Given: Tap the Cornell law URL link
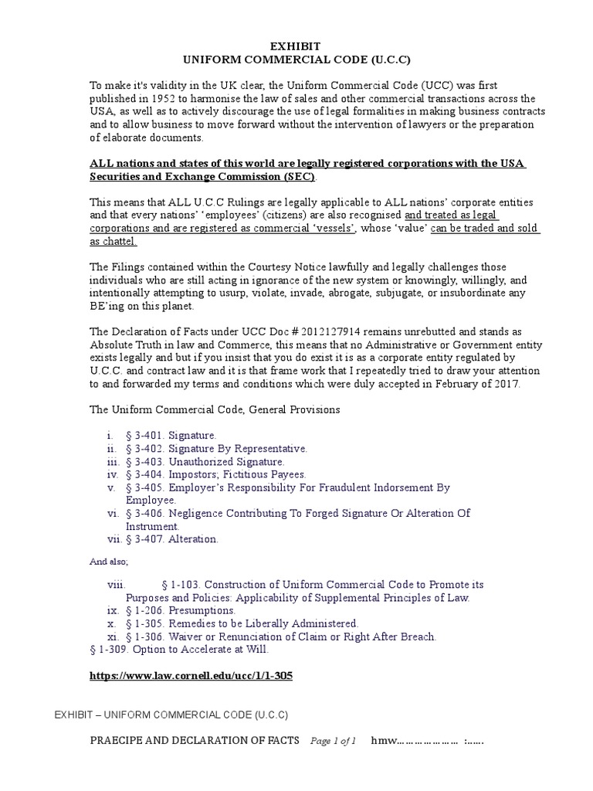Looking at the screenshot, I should (x=191, y=675).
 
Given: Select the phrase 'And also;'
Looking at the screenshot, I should (x=110, y=562).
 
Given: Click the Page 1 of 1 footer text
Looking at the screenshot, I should (x=333, y=742).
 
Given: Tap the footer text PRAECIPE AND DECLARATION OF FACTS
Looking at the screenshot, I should (x=195, y=741).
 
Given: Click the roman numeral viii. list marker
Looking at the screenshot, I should (x=116, y=586).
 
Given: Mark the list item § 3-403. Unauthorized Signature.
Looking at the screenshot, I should (x=199, y=461).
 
